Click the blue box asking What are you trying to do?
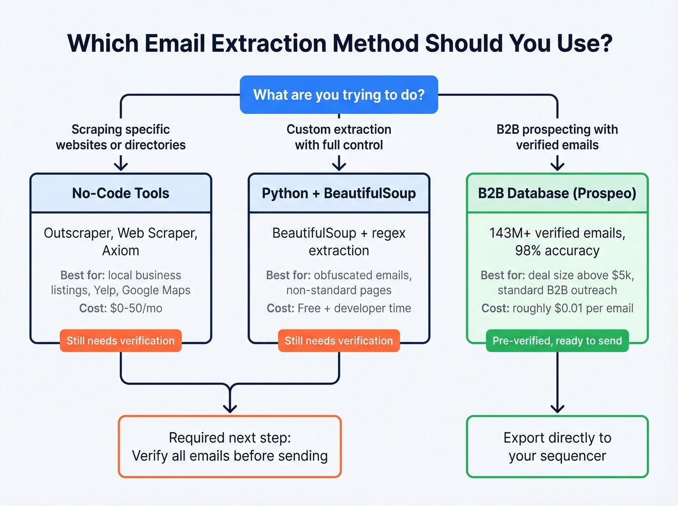click(x=339, y=95)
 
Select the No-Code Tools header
click(x=121, y=193)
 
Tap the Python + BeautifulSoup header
click(x=339, y=193)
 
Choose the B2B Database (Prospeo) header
click(x=557, y=193)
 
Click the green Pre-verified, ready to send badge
click(x=557, y=341)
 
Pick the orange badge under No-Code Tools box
click(x=121, y=341)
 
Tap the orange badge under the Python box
click(x=339, y=341)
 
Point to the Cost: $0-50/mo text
click(x=121, y=308)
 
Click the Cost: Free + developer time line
click(x=339, y=308)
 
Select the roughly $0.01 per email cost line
click(x=557, y=308)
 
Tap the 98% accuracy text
click(x=557, y=251)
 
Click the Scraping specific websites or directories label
click(x=121, y=137)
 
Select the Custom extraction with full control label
click(x=339, y=137)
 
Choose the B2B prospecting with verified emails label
click(x=557, y=137)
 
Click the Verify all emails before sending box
click(x=230, y=446)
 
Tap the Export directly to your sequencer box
click(x=557, y=446)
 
